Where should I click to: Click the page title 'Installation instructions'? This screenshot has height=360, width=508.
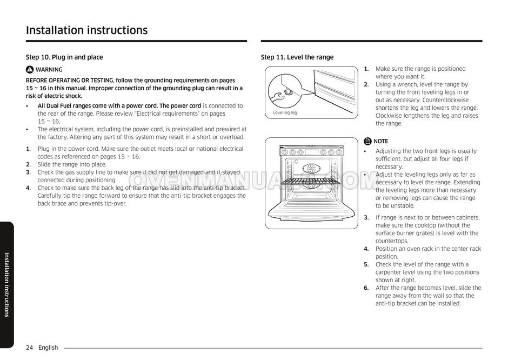click(x=86, y=30)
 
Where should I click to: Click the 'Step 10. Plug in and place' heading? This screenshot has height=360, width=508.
click(x=64, y=57)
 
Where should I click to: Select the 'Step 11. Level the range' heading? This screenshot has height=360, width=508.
click(x=297, y=57)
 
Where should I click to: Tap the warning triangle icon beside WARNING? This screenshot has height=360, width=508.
click(x=30, y=70)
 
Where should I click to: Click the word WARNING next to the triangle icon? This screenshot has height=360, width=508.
click(x=49, y=70)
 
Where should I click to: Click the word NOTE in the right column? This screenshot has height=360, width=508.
click(x=381, y=142)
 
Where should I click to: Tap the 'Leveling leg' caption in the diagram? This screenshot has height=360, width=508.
click(x=285, y=113)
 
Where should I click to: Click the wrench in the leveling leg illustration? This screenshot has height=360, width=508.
click(x=279, y=98)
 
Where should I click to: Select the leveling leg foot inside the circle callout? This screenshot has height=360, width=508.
click(x=289, y=92)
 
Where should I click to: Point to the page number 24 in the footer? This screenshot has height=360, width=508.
click(x=29, y=348)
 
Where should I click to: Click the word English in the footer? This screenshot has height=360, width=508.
click(x=48, y=348)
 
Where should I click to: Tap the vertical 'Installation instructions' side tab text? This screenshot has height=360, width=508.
click(x=6, y=284)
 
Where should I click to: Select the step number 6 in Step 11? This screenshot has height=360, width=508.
click(x=366, y=288)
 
